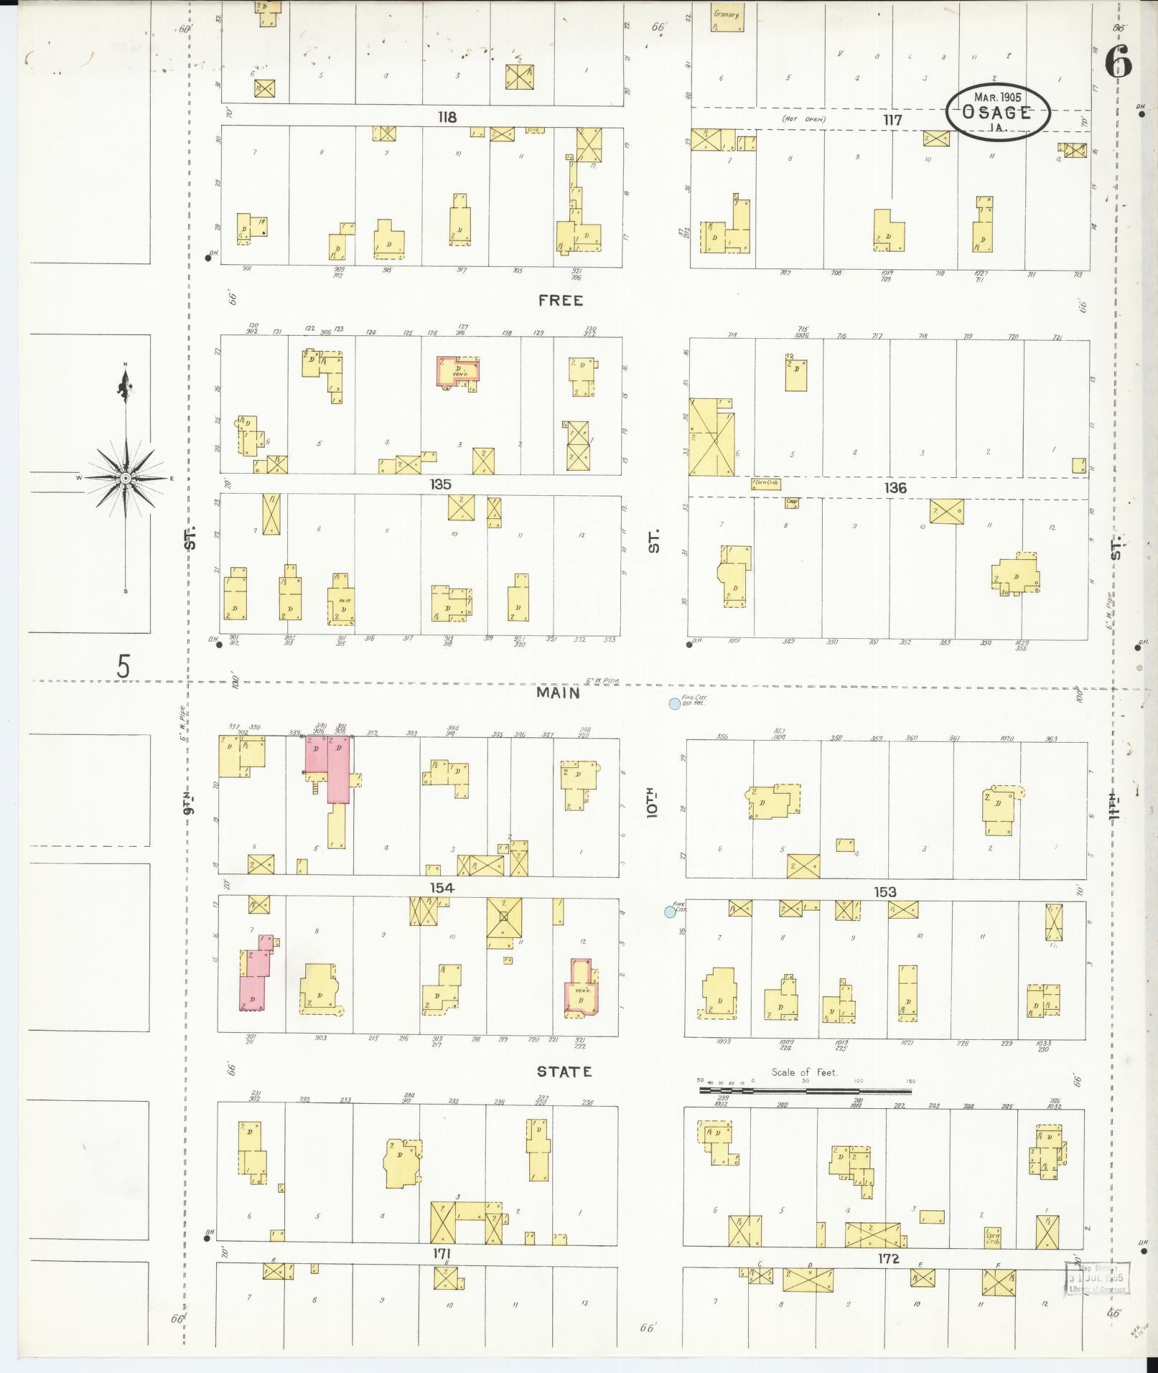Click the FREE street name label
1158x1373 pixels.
(x=561, y=301)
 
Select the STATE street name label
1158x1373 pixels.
(x=565, y=1072)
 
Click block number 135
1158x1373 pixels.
(x=440, y=484)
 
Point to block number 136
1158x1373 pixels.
(x=895, y=488)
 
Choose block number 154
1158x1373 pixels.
(x=442, y=888)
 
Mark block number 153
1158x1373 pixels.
(x=884, y=891)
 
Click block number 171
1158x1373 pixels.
(x=442, y=1273)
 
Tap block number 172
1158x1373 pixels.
(x=888, y=1279)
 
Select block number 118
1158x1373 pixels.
(x=447, y=117)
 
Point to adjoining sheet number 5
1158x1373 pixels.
(x=123, y=667)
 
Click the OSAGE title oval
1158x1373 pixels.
(x=997, y=112)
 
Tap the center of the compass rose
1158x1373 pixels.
(x=126, y=477)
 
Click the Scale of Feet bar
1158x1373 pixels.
(x=805, y=1091)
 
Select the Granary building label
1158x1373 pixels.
(x=727, y=14)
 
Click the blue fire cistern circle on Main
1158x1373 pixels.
(x=674, y=704)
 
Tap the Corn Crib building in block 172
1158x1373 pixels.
(x=992, y=1237)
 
